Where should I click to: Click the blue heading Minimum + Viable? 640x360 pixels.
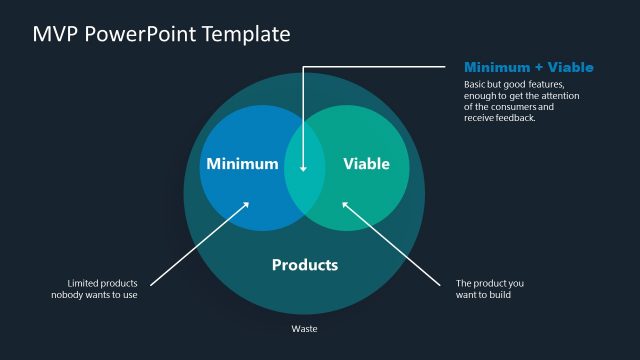pos(529,67)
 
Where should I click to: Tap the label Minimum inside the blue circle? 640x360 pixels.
pos(242,164)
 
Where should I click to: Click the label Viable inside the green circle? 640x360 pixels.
pos(366,164)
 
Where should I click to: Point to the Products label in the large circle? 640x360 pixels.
pos(305,265)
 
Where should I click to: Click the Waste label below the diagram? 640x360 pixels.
pos(304,328)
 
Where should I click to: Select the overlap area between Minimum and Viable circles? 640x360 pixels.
pos(304,166)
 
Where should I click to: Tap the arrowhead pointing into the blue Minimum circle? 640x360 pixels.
pos(247,205)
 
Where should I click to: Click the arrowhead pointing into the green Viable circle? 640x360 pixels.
pos(346,205)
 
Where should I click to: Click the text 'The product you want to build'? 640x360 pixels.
pos(489,289)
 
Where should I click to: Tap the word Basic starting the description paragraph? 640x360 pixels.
pos(476,83)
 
